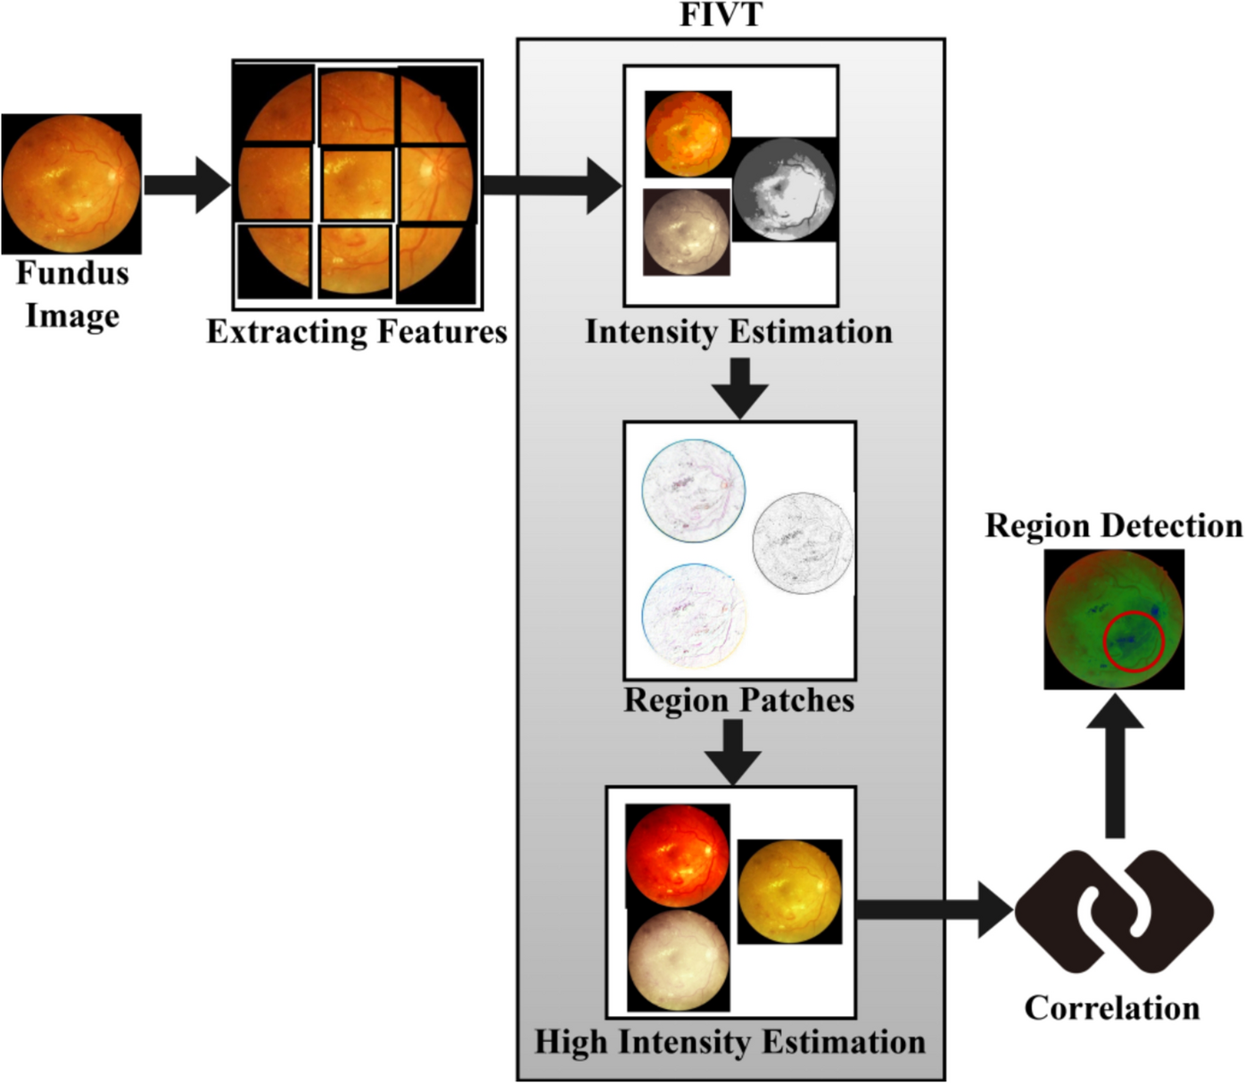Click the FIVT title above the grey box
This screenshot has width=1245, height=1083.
[x=721, y=15]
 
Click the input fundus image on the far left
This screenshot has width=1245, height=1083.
[x=71, y=184]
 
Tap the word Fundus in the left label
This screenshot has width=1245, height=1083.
[x=72, y=273]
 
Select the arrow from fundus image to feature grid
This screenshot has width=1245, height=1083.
[x=187, y=185]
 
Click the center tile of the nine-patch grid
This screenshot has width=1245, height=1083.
[x=357, y=185]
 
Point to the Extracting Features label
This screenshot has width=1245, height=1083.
[x=357, y=332]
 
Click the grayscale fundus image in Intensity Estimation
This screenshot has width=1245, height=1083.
[x=784, y=189]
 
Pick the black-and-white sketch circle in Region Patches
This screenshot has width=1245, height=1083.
[x=802, y=542]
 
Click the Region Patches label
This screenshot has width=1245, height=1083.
[x=738, y=700]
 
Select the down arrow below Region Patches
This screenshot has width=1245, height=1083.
[x=732, y=752]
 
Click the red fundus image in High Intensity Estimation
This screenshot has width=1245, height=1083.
[x=678, y=856]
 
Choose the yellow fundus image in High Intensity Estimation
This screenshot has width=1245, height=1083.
[x=789, y=891]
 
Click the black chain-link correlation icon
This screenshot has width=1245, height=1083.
[x=1114, y=911]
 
